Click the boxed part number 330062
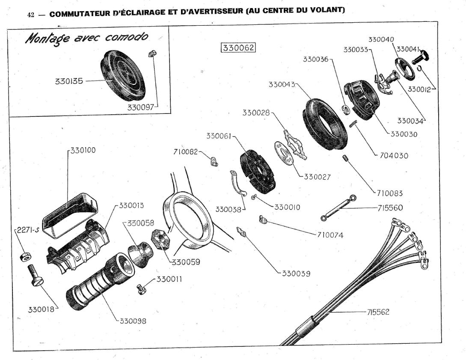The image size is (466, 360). pos(238,48)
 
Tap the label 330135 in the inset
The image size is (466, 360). pos(68,80)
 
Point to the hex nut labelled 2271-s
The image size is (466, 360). pos(24,256)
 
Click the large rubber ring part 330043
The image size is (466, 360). pos(325,125)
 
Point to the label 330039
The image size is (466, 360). pos(296,274)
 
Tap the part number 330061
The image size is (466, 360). pos(219,136)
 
